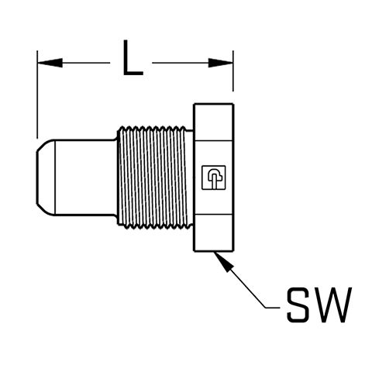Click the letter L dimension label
pos(133,57)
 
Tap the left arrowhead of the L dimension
pos(50,63)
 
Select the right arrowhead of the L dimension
pos(221,63)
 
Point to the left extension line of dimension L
pos(37,95)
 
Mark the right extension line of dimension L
pos(233,71)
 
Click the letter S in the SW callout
pos(298,305)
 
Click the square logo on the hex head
pos(213,177)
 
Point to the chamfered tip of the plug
pos(46,177)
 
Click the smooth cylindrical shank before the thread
pos(86,177)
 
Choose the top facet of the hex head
pos(214,122)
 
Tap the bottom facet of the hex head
pos(214,232)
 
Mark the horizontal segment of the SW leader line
pos(273,308)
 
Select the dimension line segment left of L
pos(74,63)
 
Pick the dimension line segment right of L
pos(192,63)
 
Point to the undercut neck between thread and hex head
pos(190,177)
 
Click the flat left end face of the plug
pos(36,177)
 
